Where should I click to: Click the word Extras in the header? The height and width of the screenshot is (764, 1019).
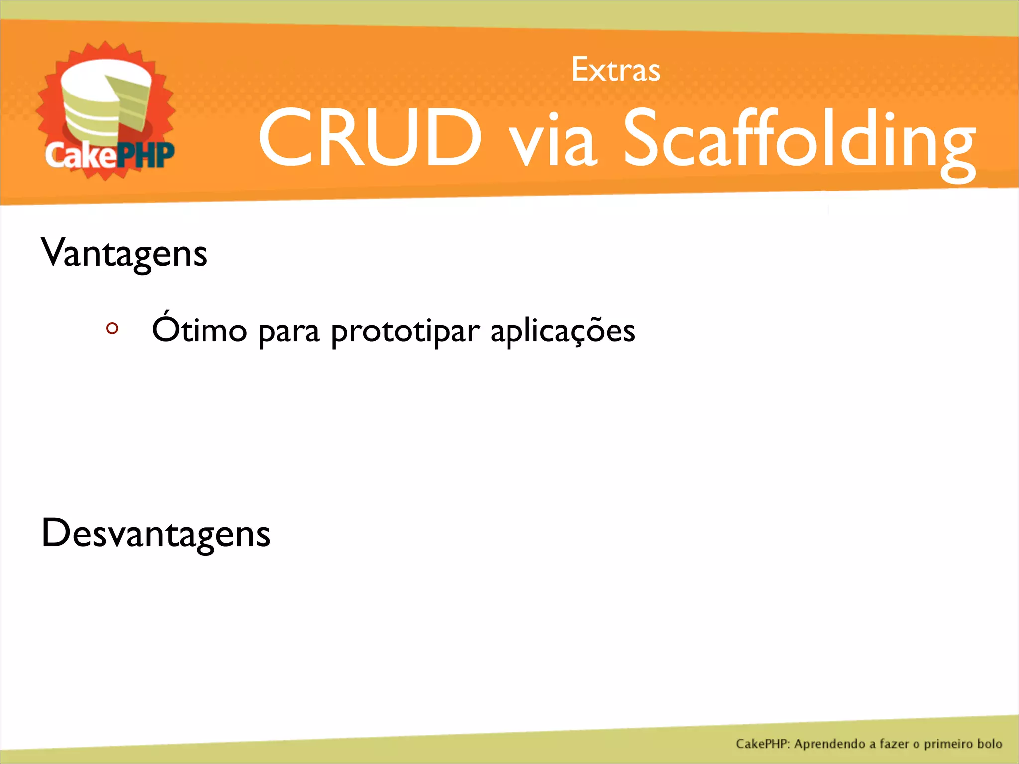tap(615, 70)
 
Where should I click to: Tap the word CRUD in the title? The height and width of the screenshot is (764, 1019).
tap(370, 138)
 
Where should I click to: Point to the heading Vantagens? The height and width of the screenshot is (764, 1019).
tap(124, 253)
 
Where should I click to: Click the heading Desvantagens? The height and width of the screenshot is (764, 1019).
tap(156, 533)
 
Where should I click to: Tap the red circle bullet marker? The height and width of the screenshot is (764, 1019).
tap(112, 328)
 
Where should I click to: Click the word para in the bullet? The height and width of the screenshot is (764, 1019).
tap(289, 332)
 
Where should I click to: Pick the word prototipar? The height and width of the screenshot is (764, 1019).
tap(406, 332)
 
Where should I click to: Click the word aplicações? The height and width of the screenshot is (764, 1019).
tap(563, 331)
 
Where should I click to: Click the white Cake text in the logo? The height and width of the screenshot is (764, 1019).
tap(80, 156)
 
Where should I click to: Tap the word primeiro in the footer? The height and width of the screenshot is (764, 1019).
tap(949, 744)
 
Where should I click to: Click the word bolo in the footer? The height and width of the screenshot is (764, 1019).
tap(990, 744)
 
